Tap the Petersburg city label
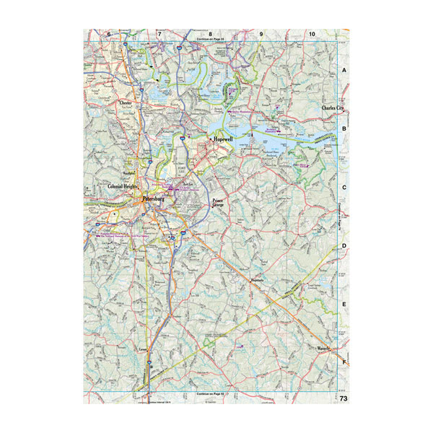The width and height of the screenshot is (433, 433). [x=154, y=197]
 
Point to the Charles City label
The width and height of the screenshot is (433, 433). [x=334, y=108]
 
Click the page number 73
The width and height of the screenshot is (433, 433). [x=344, y=398]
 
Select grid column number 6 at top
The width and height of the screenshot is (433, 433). [x=109, y=34]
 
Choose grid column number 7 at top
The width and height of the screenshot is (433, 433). [x=159, y=34]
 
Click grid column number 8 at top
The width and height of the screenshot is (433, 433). [x=210, y=34]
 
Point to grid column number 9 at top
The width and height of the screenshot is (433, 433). [x=261, y=34]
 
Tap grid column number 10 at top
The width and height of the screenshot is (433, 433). [x=311, y=34]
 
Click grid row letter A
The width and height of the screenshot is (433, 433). [x=344, y=71]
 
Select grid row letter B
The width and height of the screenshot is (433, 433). [x=344, y=129]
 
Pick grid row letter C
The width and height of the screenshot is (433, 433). [x=344, y=188]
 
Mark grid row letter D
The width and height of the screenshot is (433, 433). [x=344, y=246]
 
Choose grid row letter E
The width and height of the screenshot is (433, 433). [x=344, y=305]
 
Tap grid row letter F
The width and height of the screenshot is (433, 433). [x=344, y=363]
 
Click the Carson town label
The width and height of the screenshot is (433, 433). [x=142, y=349]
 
